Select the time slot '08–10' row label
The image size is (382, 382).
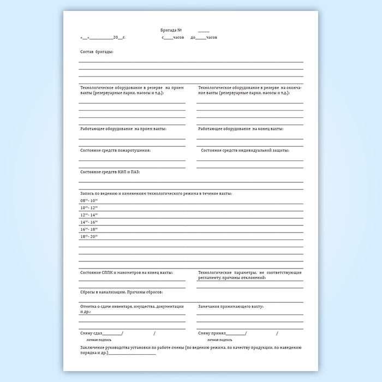click(88, 201)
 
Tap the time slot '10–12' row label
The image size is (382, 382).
click(88, 208)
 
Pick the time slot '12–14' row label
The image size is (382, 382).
click(88, 215)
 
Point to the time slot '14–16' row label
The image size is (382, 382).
click(88, 222)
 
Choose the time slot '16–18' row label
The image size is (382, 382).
click(88, 229)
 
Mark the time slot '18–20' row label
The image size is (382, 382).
click(88, 236)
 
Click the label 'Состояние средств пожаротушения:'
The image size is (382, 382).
click(115, 150)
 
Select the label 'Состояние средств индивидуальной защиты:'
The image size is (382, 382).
click(245, 150)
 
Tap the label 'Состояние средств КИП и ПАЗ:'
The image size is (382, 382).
click(110, 172)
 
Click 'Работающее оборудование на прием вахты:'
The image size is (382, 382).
click(123, 129)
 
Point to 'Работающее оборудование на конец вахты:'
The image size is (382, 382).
click(241, 129)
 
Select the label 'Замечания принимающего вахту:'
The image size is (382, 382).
click(231, 307)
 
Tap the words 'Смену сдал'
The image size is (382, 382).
click(91, 333)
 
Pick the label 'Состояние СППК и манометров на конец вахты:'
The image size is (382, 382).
click(127, 272)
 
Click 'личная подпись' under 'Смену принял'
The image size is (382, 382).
click(218, 339)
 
